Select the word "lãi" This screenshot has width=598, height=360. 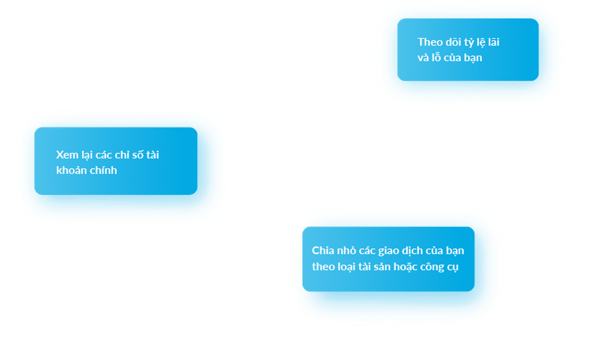pyautogui.click(x=493, y=42)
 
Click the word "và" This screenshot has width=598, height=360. pyautogui.click(x=423, y=57)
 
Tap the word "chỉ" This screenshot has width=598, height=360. pyautogui.click(x=121, y=154)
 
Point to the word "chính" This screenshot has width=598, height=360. pyautogui.click(x=104, y=170)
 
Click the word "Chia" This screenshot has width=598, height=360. pyautogui.click(x=322, y=250)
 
